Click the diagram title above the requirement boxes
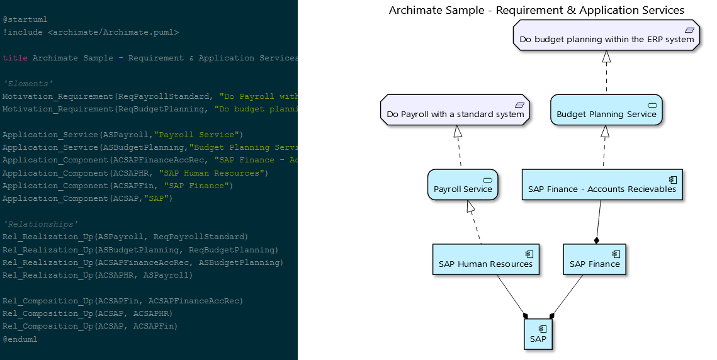536,10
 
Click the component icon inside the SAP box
543,329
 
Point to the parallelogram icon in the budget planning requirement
689,30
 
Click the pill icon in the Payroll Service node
487,179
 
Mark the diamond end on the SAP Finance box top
596,240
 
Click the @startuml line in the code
25,20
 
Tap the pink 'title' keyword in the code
15,58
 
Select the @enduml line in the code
20,339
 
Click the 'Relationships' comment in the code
40,224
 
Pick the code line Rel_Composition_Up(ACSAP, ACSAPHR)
88,313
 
